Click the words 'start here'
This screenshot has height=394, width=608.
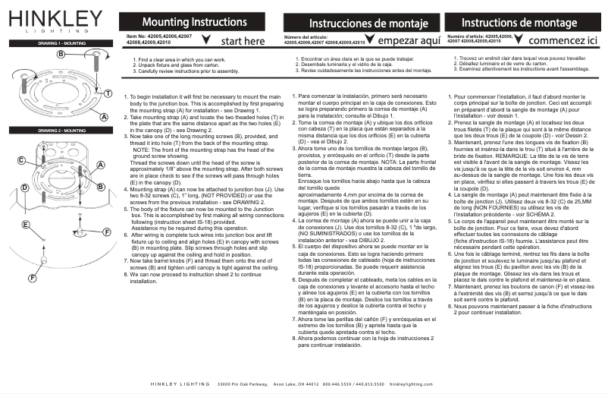pos(243,41)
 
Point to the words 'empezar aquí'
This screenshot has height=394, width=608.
pos(409,41)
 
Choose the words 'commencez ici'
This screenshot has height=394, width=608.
pos(564,40)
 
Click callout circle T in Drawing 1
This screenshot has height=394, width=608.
pos(108,93)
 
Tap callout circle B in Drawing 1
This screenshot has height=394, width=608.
pos(60,55)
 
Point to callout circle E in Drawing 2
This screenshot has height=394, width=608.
pos(24,225)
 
